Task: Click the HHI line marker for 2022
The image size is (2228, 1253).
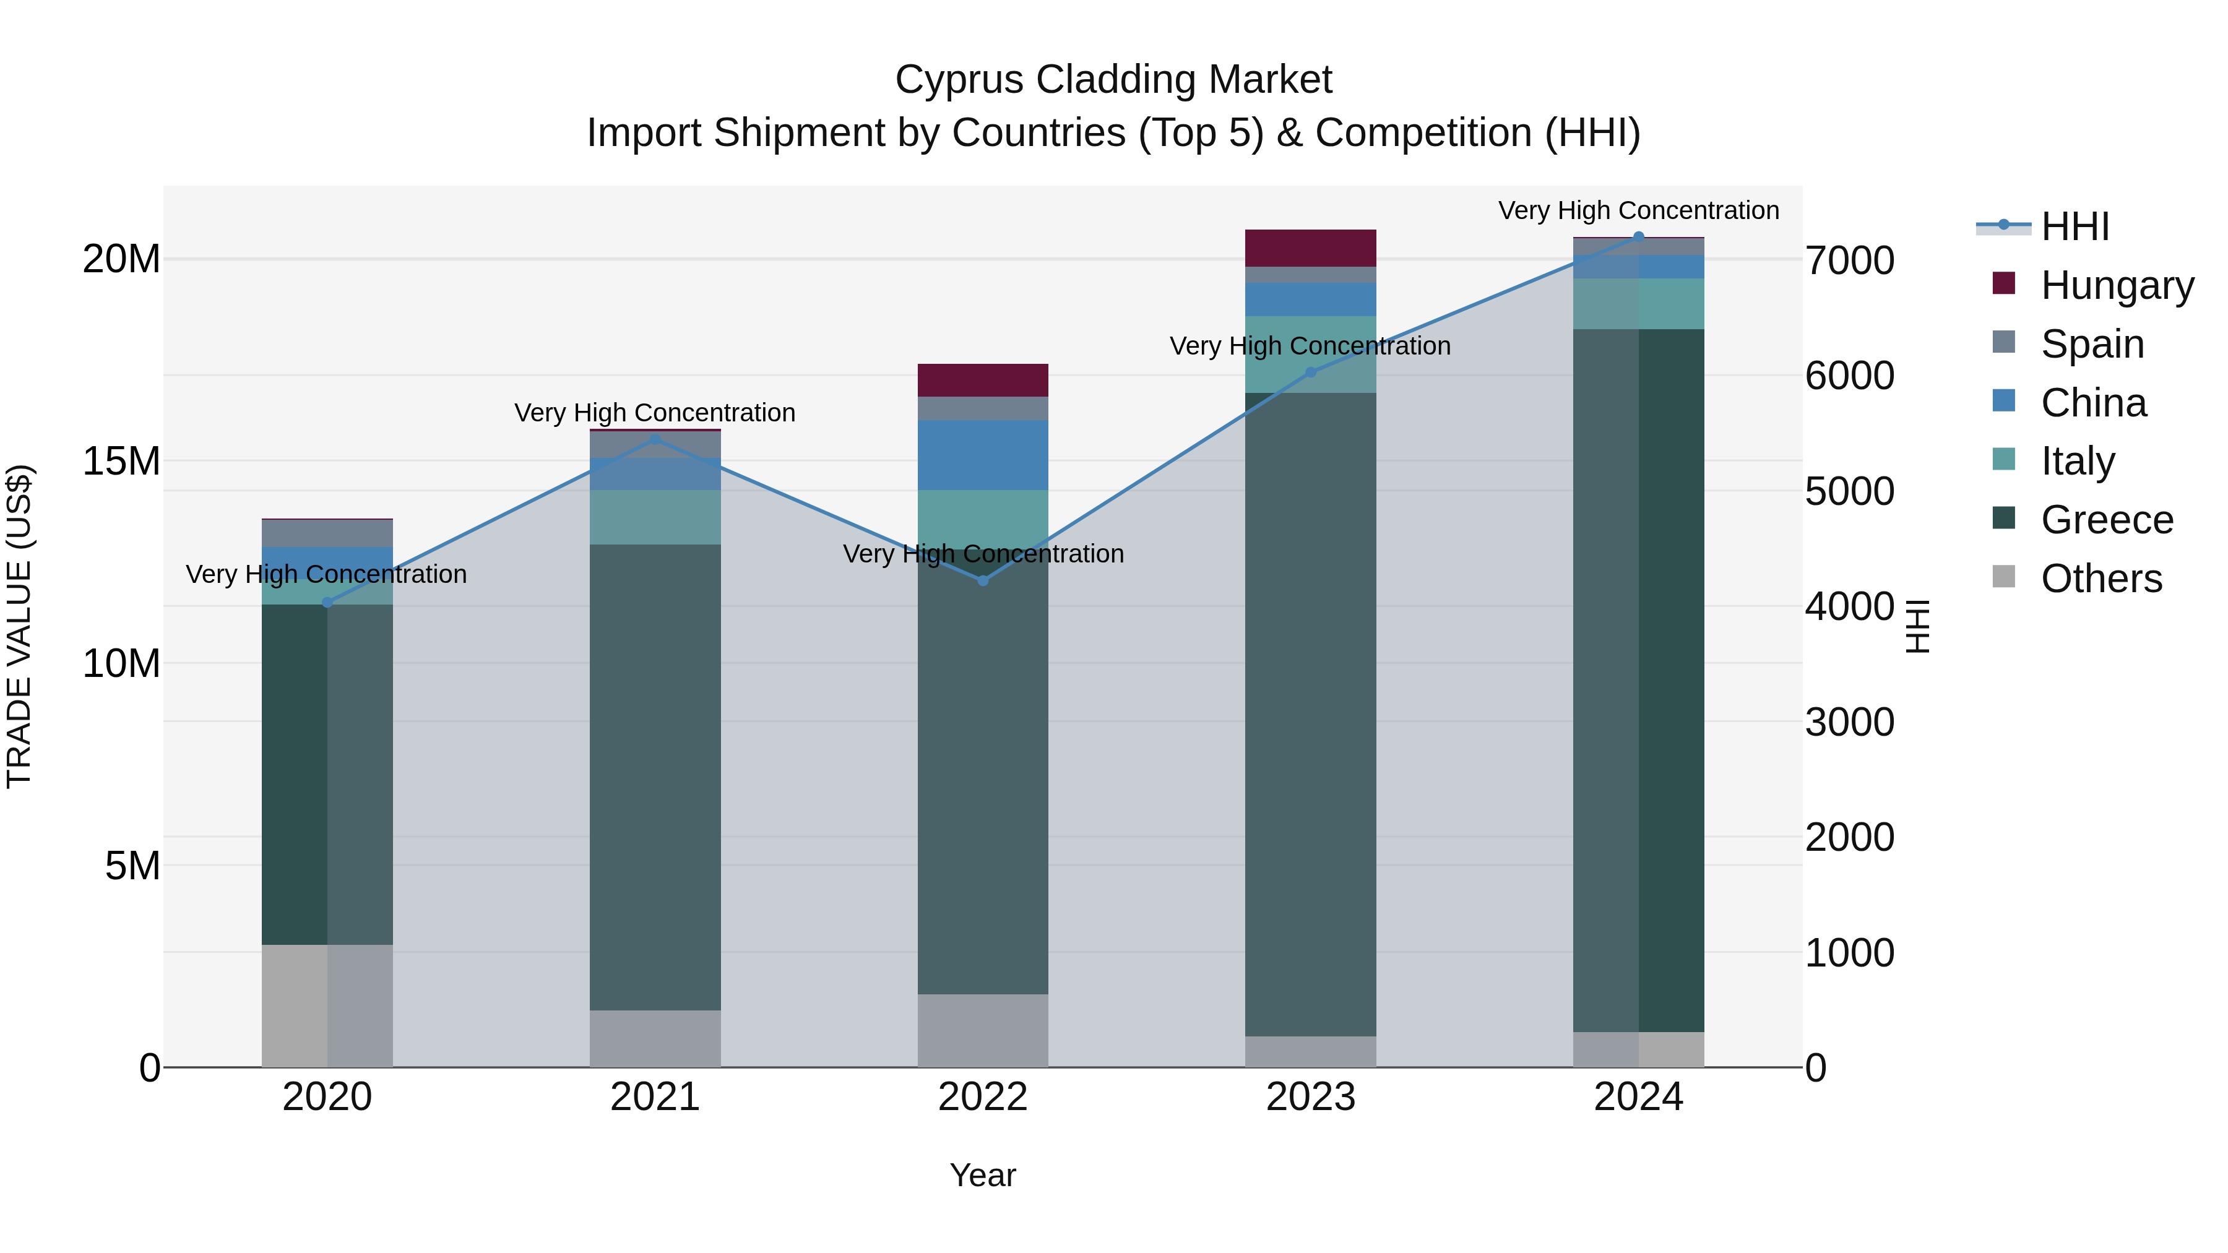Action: [x=983, y=580]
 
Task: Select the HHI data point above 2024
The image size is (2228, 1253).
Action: [x=1638, y=237]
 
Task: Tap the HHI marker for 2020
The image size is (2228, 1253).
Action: [x=327, y=603]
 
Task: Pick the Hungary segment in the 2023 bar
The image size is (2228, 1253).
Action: [x=1310, y=248]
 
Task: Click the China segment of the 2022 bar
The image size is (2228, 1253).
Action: [x=983, y=455]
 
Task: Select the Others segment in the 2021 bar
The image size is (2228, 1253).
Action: [x=655, y=1038]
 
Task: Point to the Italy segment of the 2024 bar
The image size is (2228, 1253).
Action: [x=1638, y=304]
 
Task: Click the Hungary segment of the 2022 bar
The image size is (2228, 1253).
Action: [x=983, y=381]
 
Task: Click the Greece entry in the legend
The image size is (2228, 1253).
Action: [x=2106, y=520]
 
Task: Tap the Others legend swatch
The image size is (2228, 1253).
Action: [x=2003, y=577]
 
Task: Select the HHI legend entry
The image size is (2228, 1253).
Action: [x=2074, y=226]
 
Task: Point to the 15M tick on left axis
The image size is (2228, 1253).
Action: [x=121, y=462]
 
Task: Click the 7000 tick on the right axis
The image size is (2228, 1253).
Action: [x=1849, y=261]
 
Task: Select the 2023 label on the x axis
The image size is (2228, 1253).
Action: [x=1310, y=1097]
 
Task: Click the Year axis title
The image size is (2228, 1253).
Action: [x=983, y=1175]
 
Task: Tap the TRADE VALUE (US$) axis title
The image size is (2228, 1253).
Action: [x=19, y=626]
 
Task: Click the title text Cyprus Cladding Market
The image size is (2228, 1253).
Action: [x=1113, y=80]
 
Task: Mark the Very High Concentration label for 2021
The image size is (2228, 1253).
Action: [x=655, y=413]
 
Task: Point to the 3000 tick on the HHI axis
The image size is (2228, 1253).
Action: [x=1849, y=722]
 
